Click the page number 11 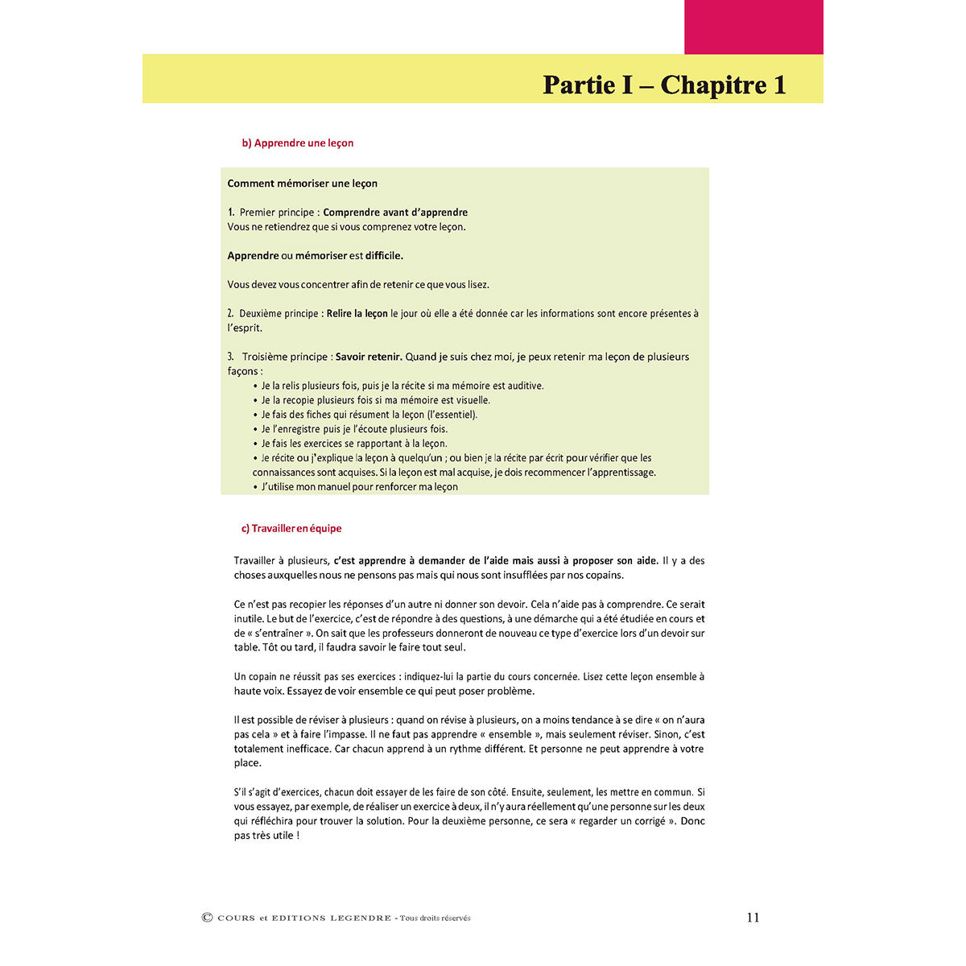(x=753, y=917)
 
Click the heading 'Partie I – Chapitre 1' (x=664, y=85)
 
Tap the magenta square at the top (x=753, y=27)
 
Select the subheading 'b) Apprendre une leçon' (x=298, y=142)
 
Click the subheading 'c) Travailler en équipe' (x=291, y=528)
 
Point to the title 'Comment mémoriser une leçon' (x=302, y=183)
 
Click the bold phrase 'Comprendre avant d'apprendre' (x=395, y=213)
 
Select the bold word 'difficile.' (x=384, y=255)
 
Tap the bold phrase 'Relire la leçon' (x=357, y=313)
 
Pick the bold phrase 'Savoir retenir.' (x=369, y=357)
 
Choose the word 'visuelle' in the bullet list (x=470, y=400)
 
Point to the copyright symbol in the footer (x=207, y=917)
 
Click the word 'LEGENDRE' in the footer (x=361, y=918)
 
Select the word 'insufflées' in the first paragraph (x=503, y=575)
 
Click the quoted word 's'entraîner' (x=279, y=634)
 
